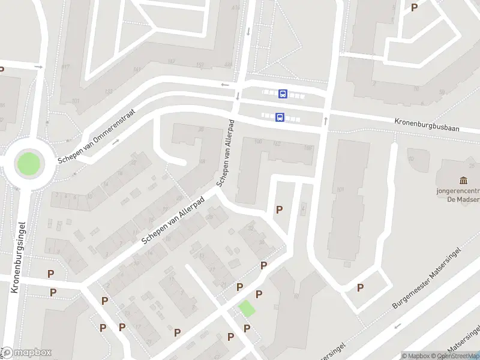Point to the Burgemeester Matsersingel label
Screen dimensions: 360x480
[427, 277]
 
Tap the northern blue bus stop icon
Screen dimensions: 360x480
[283, 94]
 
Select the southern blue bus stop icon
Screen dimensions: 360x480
[280, 118]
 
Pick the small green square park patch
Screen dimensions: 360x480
[246, 308]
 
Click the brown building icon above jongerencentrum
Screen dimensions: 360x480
[463, 181]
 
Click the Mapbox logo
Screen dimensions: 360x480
[26, 353]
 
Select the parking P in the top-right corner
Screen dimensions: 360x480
[414, 7]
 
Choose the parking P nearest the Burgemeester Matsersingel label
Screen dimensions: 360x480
[360, 287]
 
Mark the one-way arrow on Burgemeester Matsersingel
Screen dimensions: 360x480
[397, 327]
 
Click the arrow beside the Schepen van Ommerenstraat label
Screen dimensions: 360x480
[116, 142]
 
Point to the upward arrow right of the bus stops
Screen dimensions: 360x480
[326, 121]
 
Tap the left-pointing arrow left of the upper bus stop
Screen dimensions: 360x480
[224, 85]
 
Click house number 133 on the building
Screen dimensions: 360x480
[108, 91]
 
